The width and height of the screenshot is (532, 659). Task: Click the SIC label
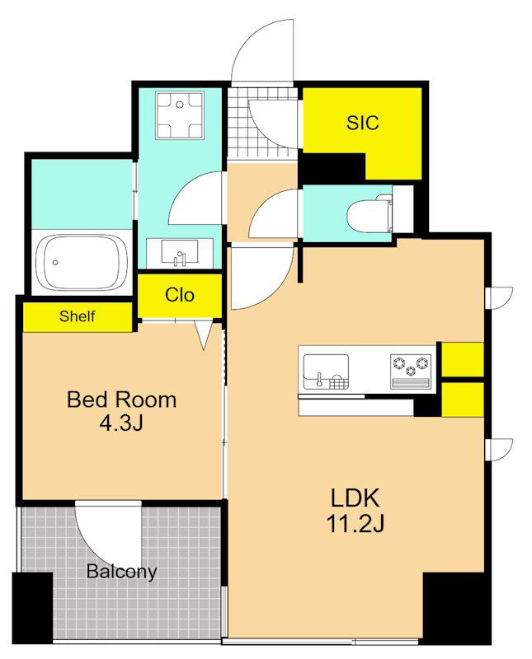click(x=362, y=122)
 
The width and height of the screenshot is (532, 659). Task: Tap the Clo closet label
click(x=180, y=295)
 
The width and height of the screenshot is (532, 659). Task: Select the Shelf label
click(x=77, y=316)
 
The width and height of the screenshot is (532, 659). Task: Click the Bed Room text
click(x=121, y=400)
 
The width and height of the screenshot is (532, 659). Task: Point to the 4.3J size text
click(x=121, y=423)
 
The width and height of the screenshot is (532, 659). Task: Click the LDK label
click(x=355, y=498)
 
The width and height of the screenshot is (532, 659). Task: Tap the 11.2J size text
click(x=355, y=524)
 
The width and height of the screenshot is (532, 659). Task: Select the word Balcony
click(x=121, y=572)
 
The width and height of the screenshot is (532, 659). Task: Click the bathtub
click(x=82, y=262)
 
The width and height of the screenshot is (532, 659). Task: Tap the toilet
click(x=370, y=215)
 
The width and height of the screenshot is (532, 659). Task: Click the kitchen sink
click(x=326, y=372)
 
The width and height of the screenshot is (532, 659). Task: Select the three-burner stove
click(x=411, y=372)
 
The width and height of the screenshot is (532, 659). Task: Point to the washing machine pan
click(x=180, y=115)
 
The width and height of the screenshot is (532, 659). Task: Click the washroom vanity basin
click(x=180, y=253)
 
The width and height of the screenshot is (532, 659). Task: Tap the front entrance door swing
click(x=261, y=50)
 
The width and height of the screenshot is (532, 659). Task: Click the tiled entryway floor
click(x=262, y=123)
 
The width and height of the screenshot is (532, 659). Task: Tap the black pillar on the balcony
click(x=32, y=608)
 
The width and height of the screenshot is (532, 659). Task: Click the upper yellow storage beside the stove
click(x=463, y=359)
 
